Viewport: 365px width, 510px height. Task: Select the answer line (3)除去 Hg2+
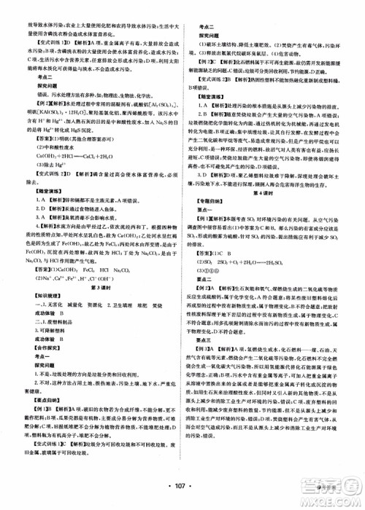pyautogui.click(x=46, y=165)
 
